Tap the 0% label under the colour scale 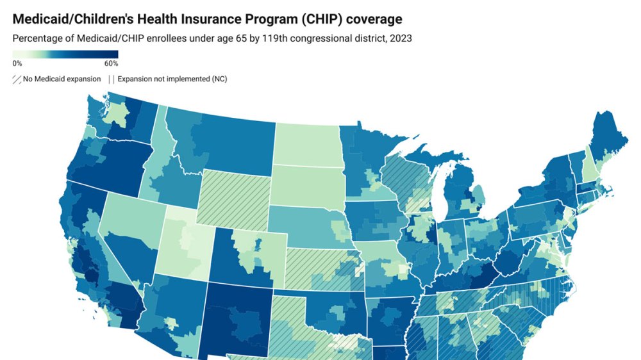pos(17,63)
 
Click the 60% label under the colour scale pos(111,63)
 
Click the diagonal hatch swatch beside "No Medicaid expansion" pos(17,79)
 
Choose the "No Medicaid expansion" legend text pos(62,79)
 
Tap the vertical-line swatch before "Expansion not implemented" pos(112,79)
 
